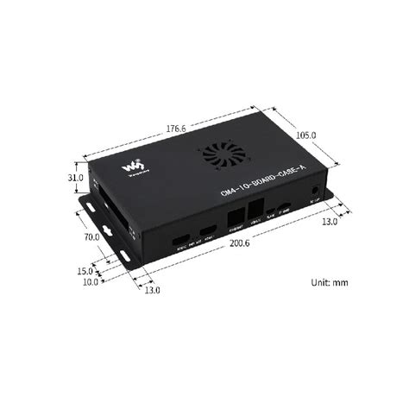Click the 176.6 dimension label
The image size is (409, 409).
point(175,129)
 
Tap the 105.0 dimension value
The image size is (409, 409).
point(305,135)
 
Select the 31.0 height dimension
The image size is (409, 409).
point(76,178)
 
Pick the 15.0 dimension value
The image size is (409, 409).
point(85,271)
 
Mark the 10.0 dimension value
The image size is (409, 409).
point(90,281)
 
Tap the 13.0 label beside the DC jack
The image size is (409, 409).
point(328,222)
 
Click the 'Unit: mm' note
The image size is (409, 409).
point(329,282)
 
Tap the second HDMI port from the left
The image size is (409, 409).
point(208,229)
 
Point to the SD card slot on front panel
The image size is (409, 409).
point(285,208)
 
